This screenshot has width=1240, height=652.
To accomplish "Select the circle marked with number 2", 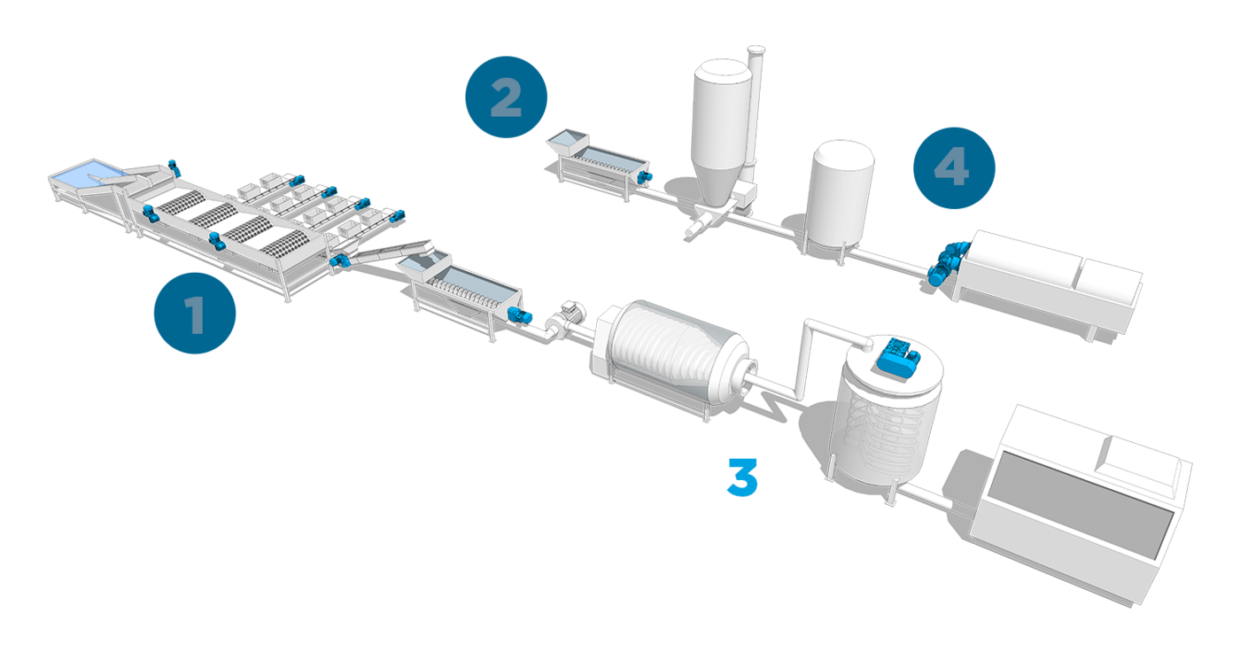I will pyautogui.click(x=506, y=97).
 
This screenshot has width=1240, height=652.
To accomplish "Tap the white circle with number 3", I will pyautogui.click(x=741, y=477).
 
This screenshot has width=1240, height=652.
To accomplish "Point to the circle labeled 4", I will pyautogui.click(x=953, y=168).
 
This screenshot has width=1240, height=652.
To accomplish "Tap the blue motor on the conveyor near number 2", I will pyautogui.click(x=645, y=178).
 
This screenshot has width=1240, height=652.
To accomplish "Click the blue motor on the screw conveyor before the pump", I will pyautogui.click(x=523, y=316).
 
